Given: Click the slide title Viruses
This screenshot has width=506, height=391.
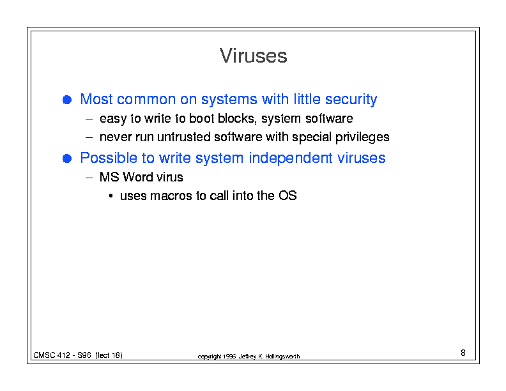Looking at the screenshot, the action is (254, 56).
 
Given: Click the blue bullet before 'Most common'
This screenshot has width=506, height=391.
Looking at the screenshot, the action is (67, 100).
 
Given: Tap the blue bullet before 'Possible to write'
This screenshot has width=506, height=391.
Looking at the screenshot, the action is (67, 158).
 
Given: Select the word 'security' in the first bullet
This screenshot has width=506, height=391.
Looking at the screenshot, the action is (351, 100).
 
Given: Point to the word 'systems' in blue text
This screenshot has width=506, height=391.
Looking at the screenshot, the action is (229, 100).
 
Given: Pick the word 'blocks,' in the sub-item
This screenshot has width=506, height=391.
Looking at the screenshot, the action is (237, 118).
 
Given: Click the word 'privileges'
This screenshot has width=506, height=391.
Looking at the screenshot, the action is (362, 137).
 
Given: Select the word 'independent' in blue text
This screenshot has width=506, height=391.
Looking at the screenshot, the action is (291, 158).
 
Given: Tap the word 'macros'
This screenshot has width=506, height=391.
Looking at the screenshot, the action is (171, 196).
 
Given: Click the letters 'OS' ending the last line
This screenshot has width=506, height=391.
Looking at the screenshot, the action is (287, 195).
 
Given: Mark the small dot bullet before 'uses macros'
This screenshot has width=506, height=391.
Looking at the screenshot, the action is (111, 196).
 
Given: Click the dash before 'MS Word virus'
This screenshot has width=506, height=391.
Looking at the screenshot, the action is (89, 178).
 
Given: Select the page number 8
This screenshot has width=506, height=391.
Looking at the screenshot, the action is (463, 353).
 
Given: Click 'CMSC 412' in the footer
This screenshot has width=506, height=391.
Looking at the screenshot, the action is (52, 355).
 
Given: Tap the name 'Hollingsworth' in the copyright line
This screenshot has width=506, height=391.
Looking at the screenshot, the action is (282, 356).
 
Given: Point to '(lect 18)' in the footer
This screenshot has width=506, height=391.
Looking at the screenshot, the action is (109, 355).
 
